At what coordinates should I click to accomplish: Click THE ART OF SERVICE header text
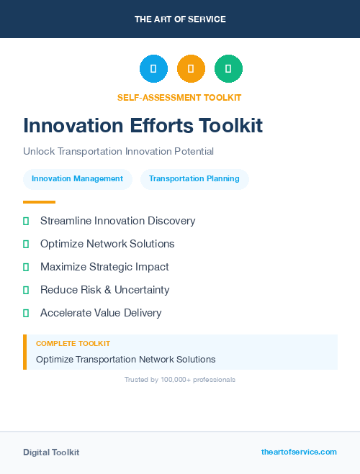(x=180, y=19)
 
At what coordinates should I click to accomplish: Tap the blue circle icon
(x=153, y=69)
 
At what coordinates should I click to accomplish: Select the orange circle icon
(x=191, y=69)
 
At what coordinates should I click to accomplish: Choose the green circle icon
(x=228, y=69)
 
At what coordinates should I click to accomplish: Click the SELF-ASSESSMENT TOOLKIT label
(x=179, y=97)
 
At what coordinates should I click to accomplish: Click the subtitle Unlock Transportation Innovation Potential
(x=118, y=151)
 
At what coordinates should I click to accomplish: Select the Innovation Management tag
(x=77, y=179)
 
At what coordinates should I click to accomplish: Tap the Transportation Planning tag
(x=194, y=179)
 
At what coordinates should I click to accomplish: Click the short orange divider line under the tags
(x=39, y=202)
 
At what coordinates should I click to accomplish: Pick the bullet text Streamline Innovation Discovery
(x=117, y=221)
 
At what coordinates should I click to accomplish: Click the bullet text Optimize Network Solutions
(x=107, y=244)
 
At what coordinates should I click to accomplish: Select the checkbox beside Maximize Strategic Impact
(x=26, y=267)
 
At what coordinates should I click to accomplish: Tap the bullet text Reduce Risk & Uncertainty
(x=104, y=290)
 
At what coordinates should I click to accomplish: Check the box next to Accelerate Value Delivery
(x=26, y=313)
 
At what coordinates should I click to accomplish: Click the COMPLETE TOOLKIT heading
(x=73, y=344)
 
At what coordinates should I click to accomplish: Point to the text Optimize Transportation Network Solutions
(x=125, y=359)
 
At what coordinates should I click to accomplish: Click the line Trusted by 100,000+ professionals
(x=180, y=379)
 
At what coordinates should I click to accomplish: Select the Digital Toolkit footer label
(x=51, y=452)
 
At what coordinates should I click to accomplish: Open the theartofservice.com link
(x=299, y=452)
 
